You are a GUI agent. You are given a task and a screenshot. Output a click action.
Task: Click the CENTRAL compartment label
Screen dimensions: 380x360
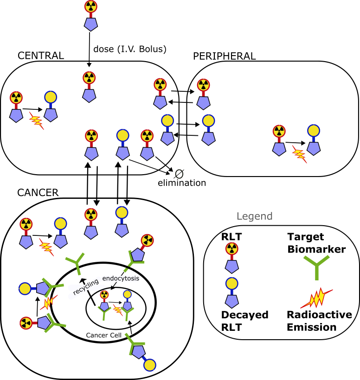tap(40, 56)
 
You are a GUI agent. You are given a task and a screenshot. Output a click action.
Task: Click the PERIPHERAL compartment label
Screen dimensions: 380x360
tap(224, 56)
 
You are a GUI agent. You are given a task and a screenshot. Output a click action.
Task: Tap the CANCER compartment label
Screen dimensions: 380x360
tap(38, 192)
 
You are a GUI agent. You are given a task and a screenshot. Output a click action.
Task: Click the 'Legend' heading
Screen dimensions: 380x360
tap(254, 216)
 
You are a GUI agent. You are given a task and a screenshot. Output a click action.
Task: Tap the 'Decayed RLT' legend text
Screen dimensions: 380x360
tap(244, 321)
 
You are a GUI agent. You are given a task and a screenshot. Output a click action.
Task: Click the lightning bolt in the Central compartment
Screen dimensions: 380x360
tap(36, 121)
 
